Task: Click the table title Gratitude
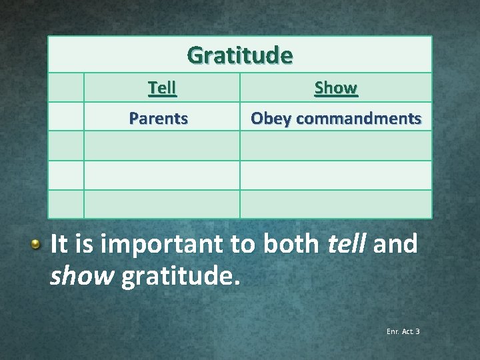click(239, 55)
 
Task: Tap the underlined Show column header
click(335, 88)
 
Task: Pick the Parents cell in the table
click(159, 119)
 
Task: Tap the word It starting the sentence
click(57, 244)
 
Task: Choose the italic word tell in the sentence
click(347, 244)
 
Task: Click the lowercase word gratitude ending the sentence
click(181, 274)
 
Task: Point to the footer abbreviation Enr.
click(391, 331)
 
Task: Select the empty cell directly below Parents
click(161, 146)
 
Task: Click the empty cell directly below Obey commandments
click(335, 146)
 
